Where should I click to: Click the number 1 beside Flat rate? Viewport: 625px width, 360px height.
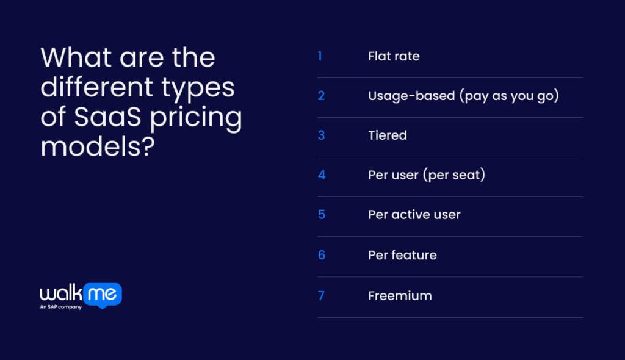320,57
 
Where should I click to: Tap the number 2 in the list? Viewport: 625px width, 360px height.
321,96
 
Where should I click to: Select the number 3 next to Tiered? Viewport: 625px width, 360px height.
321,135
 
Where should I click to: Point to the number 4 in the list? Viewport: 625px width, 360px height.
322,175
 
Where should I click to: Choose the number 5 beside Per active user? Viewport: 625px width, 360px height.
322,215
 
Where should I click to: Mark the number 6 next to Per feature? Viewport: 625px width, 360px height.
322,255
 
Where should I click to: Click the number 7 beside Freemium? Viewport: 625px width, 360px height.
321,296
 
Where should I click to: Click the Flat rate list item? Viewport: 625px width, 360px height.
394,57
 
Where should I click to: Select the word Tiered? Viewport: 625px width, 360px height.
387,135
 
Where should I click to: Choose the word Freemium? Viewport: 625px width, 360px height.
400,296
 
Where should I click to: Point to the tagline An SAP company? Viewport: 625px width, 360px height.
60,307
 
